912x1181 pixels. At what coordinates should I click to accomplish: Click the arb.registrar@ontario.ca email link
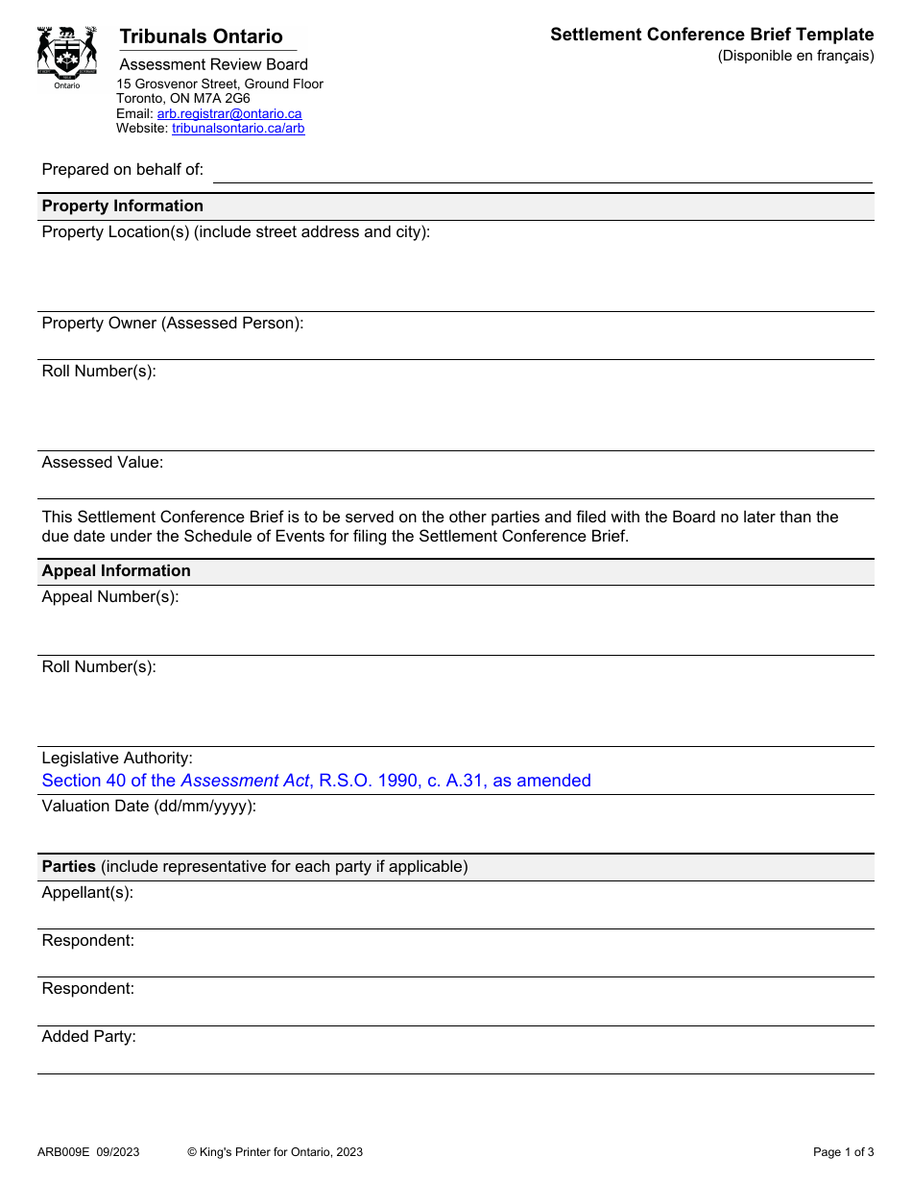point(229,113)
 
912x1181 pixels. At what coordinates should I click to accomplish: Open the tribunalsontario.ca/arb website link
point(238,128)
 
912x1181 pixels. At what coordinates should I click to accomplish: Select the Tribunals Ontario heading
point(201,36)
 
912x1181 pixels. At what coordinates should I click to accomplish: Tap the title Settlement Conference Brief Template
point(711,35)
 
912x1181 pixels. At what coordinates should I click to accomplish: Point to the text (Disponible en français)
point(796,56)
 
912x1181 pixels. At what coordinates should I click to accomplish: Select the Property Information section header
point(123,205)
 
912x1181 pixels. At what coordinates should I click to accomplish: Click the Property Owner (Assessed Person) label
point(173,323)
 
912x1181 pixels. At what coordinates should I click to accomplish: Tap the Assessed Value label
point(103,462)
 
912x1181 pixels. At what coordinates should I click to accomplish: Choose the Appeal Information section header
point(116,570)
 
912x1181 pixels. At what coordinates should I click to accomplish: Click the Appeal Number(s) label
point(110,596)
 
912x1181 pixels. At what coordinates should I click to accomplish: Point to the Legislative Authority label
point(117,758)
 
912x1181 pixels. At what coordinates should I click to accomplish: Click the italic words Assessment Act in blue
point(245,781)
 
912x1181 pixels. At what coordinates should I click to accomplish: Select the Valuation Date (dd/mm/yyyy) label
point(149,806)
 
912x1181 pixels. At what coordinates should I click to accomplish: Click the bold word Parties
point(68,866)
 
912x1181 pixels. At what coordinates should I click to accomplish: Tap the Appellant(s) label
point(87,892)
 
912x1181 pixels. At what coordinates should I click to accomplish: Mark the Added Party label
point(88,1036)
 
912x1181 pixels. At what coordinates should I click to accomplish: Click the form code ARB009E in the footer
point(63,1152)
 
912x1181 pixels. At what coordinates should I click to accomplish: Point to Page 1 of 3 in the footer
point(843,1152)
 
